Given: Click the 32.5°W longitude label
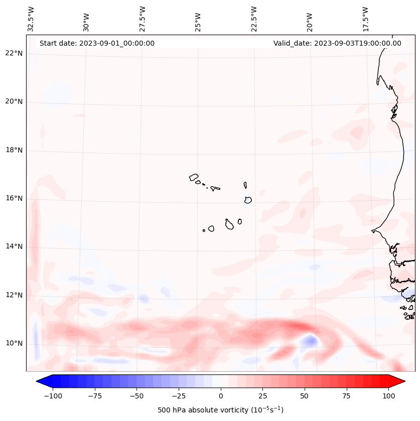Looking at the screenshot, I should pos(32,19).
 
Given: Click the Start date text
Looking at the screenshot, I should pos(97,43).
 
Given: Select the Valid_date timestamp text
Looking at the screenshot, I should pos(337,43).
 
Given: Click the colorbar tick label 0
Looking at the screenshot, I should pos(221,396).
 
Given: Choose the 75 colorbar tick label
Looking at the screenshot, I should pos(347,396).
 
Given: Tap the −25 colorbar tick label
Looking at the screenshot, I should pos(179,396).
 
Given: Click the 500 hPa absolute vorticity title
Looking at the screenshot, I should pos(220,410).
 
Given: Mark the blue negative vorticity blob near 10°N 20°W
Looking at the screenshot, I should pos(309,341).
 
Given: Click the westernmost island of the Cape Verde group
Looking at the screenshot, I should pos(194,177).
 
